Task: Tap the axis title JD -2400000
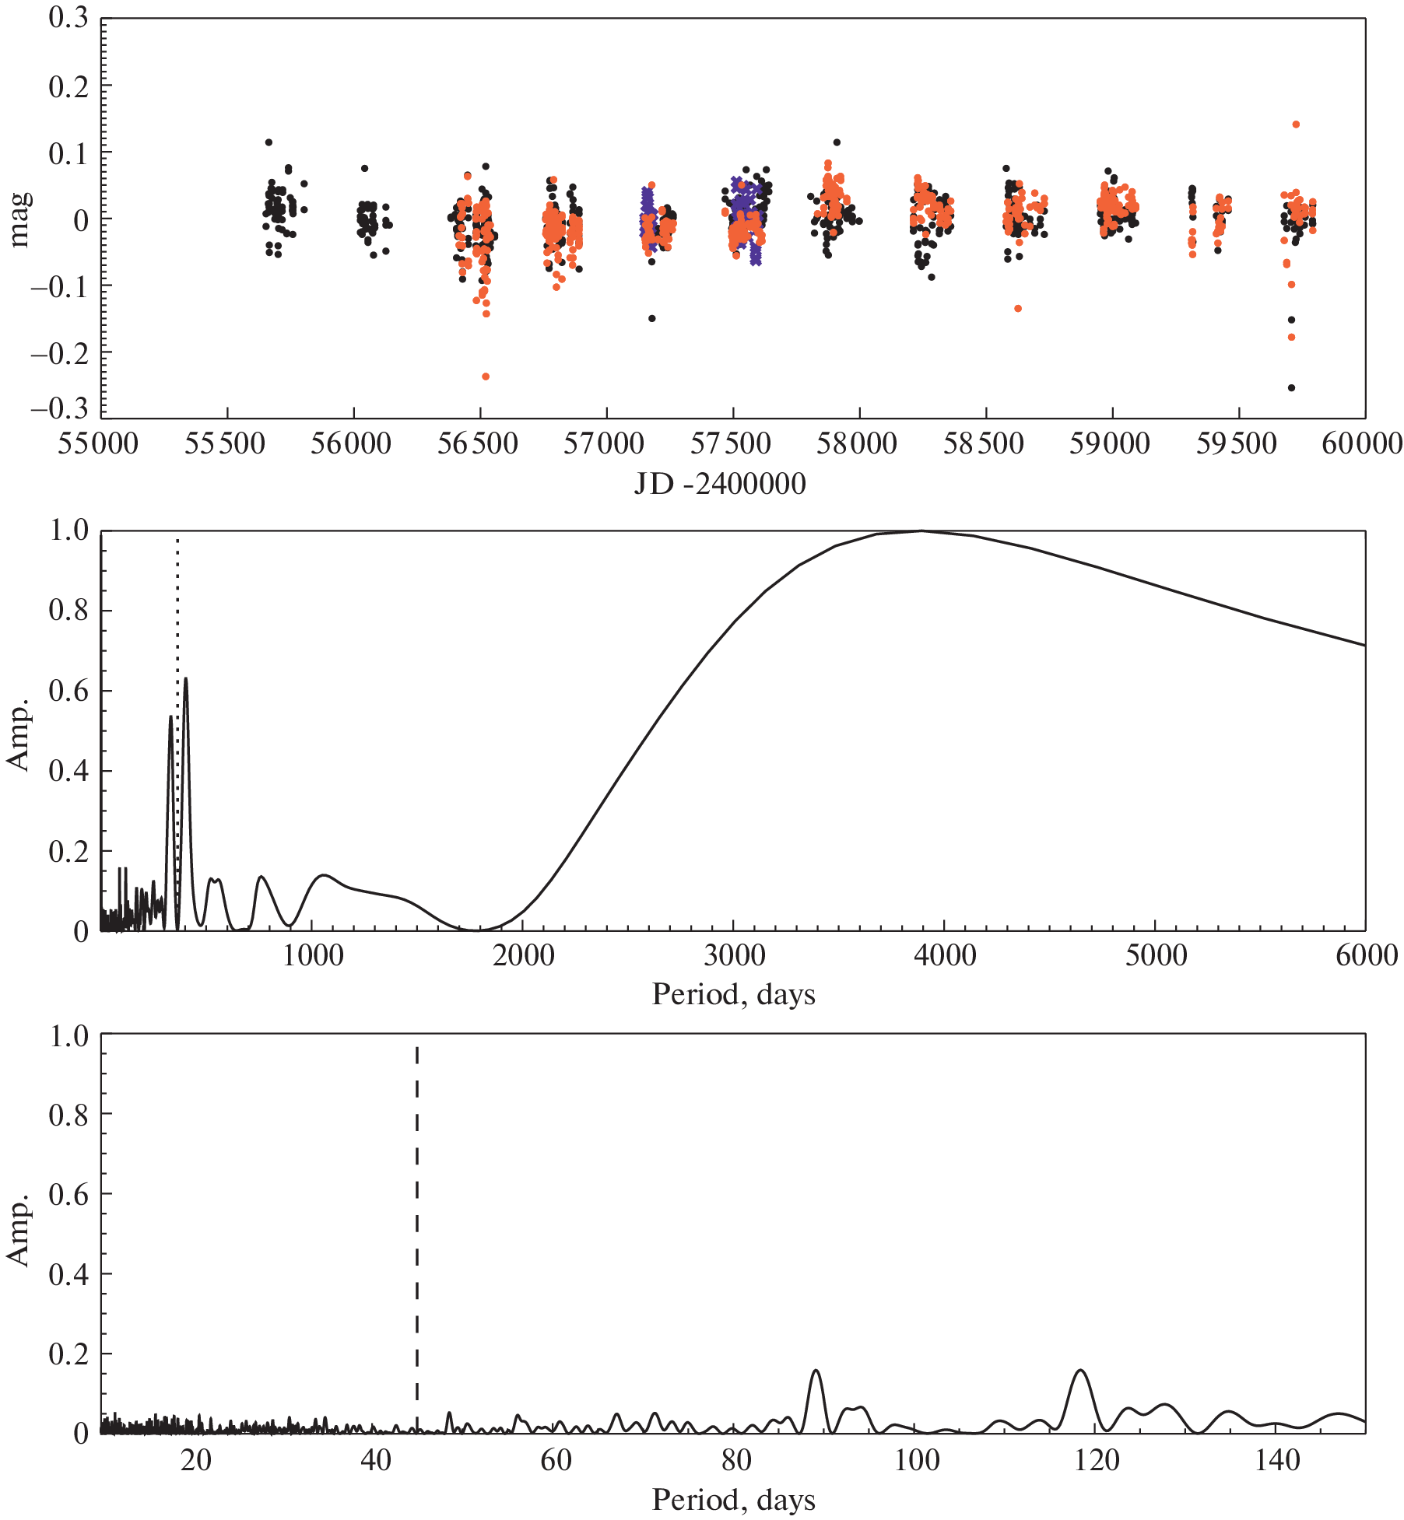[719, 484]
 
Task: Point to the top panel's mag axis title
[19, 219]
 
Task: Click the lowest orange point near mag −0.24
[486, 376]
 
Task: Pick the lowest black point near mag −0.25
[1291, 387]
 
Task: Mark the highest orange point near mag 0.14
[1296, 124]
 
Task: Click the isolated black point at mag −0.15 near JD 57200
[651, 318]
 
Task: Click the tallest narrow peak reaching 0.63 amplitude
[185, 680]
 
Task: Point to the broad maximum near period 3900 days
[921, 531]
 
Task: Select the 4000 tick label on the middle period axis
[944, 955]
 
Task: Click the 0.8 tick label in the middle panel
[68, 611]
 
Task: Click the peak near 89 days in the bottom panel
[816, 1371]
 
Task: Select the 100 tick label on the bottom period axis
[917, 1461]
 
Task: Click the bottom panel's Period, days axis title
[733, 1500]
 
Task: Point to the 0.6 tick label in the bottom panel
[68, 1194]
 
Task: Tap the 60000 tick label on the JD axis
[1362, 444]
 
